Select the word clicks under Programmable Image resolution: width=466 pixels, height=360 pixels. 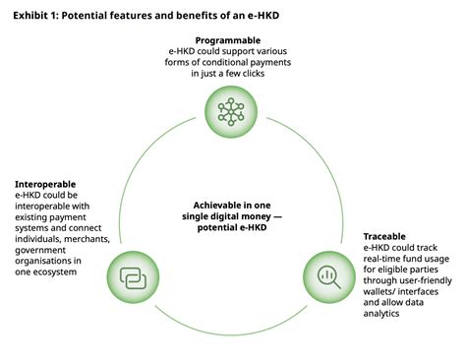pyautogui.click(x=279, y=74)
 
